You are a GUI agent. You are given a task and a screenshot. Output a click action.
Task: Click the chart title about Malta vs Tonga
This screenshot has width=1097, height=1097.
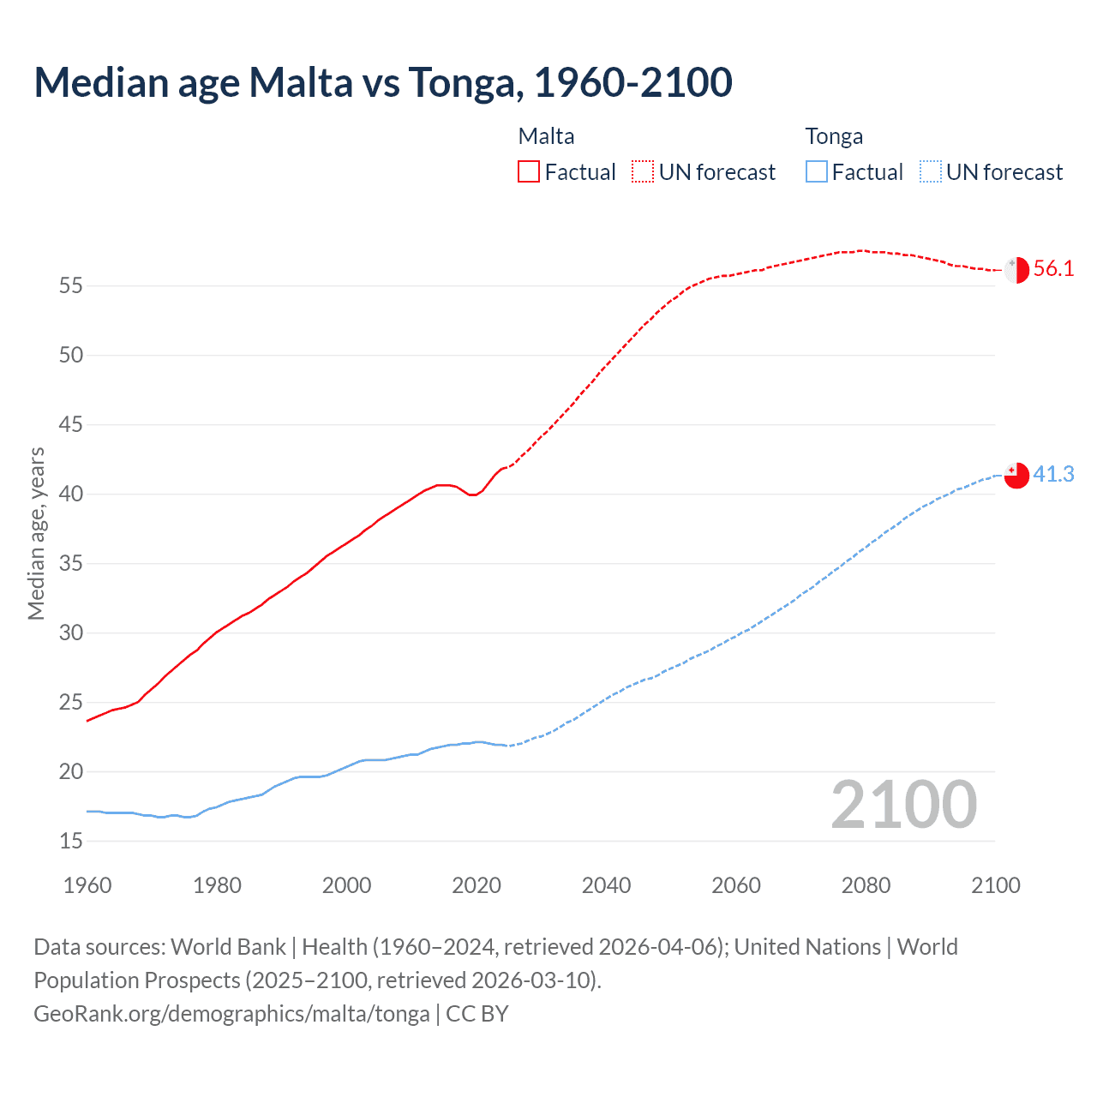[x=383, y=82]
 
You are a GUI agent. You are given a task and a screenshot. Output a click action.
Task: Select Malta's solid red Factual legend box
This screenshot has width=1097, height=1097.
[x=529, y=171]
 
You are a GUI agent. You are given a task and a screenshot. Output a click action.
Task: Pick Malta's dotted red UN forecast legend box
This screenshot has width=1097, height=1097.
[x=643, y=171]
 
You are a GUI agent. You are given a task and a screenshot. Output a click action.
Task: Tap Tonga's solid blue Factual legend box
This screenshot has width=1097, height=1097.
[x=817, y=171]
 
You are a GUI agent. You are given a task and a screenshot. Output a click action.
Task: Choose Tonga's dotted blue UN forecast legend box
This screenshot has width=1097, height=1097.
[x=931, y=171]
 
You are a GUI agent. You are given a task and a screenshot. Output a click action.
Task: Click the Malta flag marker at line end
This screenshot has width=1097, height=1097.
[x=1016, y=269]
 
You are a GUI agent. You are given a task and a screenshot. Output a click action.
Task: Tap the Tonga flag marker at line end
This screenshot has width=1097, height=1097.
[x=1016, y=475]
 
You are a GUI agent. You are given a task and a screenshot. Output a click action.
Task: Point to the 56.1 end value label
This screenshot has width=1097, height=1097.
[x=1053, y=269]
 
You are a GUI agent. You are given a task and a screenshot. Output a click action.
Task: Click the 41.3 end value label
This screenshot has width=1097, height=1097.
[x=1053, y=475]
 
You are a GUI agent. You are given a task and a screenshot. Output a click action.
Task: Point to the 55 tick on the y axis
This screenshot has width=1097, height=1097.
[x=71, y=285]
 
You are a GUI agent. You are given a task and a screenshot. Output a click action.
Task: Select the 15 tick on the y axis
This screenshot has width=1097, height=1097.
[x=71, y=842]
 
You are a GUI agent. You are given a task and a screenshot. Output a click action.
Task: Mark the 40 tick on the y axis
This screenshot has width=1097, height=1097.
[x=71, y=495]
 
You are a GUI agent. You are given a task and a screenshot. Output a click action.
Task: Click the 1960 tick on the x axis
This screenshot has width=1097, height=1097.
[x=87, y=885]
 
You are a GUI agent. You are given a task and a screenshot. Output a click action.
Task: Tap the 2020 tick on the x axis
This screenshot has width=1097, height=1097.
[x=477, y=885]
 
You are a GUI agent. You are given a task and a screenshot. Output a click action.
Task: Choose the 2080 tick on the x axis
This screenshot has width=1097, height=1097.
[x=866, y=885]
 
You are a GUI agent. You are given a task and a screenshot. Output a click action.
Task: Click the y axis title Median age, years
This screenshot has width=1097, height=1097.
[x=36, y=533]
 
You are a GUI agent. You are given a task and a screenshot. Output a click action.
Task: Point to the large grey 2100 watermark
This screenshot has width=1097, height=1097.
[x=904, y=804]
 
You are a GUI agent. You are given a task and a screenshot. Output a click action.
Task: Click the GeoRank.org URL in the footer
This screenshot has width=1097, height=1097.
[x=231, y=1014]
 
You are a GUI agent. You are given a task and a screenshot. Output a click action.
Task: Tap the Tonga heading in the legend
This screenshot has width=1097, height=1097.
[x=834, y=136]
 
